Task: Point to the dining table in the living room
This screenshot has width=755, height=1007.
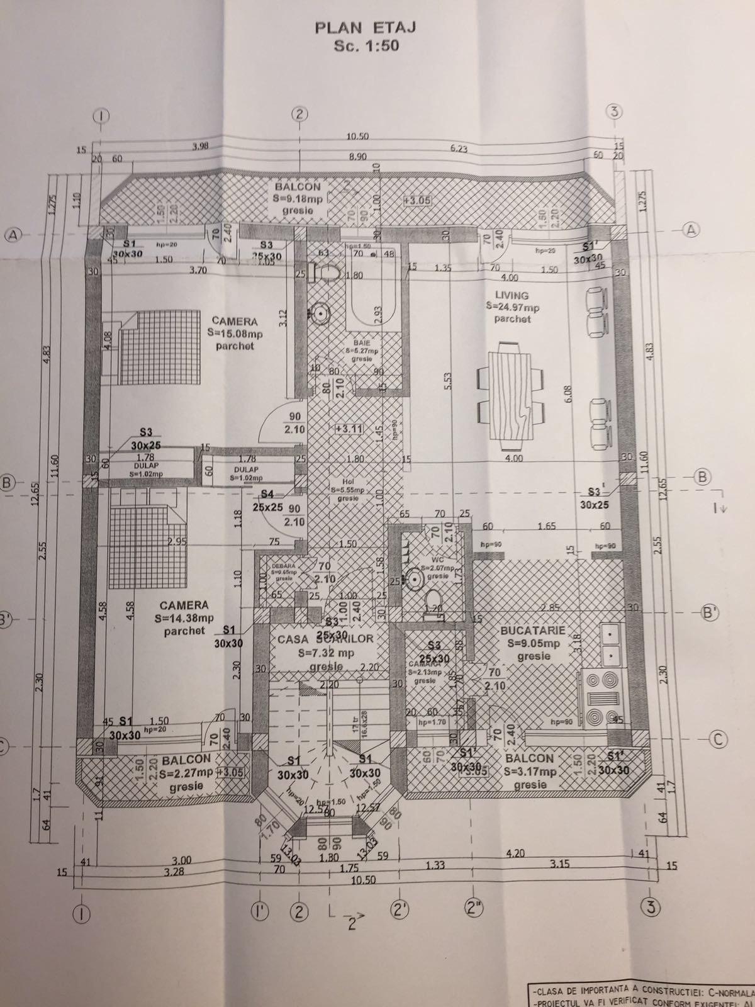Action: [x=510, y=395]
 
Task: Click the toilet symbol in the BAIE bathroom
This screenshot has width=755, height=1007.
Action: [x=328, y=273]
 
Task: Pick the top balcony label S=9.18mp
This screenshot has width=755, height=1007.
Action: [x=298, y=198]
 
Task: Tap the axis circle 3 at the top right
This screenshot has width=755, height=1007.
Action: [x=615, y=112]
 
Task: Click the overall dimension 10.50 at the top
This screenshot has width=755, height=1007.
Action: [x=357, y=137]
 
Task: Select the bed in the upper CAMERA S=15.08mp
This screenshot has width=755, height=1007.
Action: [x=151, y=351]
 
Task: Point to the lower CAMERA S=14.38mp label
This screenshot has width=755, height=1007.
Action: [x=184, y=617]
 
